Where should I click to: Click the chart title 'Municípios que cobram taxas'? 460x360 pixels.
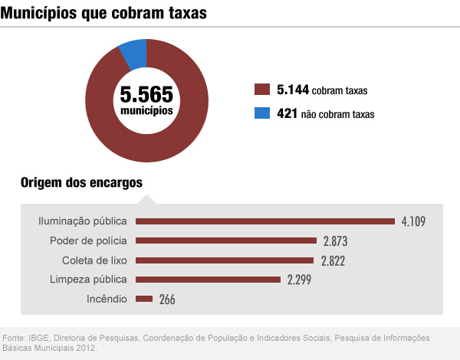pos(104,14)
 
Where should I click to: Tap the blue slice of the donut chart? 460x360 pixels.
pos(134,53)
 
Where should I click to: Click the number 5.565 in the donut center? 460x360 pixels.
pos(146,95)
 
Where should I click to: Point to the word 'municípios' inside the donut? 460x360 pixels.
pos(146,112)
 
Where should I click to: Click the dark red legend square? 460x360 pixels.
pos(261,90)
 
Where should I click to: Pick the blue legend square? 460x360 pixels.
pos(261,113)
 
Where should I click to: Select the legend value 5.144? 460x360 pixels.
pos(293,90)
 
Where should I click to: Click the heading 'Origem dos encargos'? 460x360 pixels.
pos(81,182)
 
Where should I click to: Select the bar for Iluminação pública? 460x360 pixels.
pos(264,221)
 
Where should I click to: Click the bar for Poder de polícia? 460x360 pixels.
pos(225,241)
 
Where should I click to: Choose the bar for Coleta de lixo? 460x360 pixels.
pos(225,260)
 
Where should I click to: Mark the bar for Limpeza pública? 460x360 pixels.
pos(208,279)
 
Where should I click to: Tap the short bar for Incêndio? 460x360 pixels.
pos(144,299)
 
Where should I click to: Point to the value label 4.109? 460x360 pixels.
pos(412,222)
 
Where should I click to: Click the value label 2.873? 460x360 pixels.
pos(336,241)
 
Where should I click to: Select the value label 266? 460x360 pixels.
pos(168,299)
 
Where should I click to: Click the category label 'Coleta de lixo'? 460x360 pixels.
pos(94,260)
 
